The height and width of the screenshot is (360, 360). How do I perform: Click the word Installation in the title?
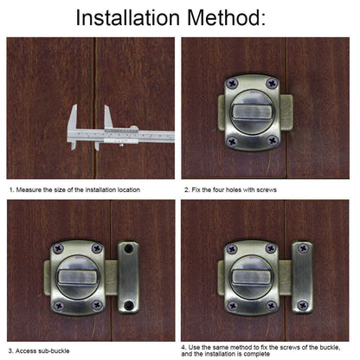(128, 18)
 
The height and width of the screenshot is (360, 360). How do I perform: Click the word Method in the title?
(227, 18)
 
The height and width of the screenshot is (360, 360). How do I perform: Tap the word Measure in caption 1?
(29, 190)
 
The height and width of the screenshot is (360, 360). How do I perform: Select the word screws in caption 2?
(267, 190)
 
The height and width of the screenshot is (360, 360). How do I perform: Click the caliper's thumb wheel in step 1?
(133, 128)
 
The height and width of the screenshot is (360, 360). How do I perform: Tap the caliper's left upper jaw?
(73, 117)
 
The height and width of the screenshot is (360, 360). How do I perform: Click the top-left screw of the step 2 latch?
(232, 84)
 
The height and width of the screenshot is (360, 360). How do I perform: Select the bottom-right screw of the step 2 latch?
(273, 141)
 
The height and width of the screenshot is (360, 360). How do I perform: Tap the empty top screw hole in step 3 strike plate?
(128, 248)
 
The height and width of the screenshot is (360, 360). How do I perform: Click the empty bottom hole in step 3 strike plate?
(128, 305)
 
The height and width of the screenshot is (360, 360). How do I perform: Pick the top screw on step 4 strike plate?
(303, 248)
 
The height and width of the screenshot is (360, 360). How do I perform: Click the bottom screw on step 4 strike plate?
(303, 305)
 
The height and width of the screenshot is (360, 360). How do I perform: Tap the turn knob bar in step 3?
(77, 276)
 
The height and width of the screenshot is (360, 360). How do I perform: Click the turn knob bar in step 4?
(251, 276)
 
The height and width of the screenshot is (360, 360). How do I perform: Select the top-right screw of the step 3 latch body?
(97, 248)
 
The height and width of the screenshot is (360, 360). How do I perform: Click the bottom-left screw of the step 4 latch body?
(232, 305)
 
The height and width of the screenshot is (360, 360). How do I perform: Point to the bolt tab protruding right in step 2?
(286, 112)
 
